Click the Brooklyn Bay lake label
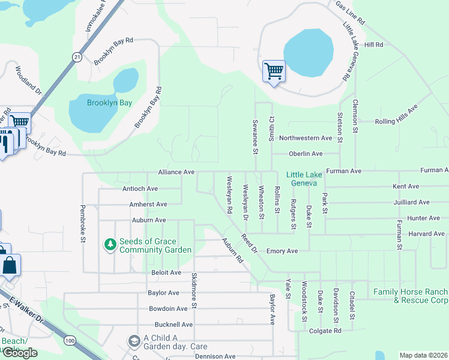coord(109,103)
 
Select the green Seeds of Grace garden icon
coord(109,245)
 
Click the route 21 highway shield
coord(77,56)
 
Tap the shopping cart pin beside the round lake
coord(274,72)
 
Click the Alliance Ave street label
coord(176,172)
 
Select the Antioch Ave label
coord(140,188)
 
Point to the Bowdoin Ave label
coord(168,309)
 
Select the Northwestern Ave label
coord(309,138)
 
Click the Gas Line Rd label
coord(351,12)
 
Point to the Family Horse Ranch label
coord(411,296)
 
